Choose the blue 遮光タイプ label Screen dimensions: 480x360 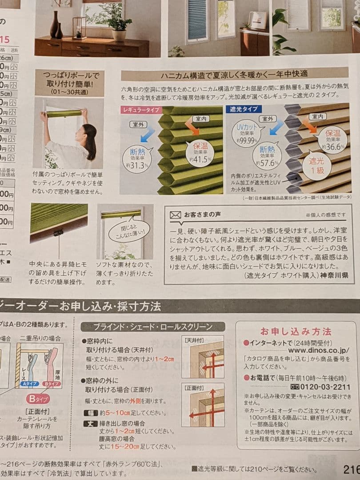[x=244, y=108]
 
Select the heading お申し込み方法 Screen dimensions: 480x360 [x=296, y=332]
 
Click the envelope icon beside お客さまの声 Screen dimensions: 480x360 [x=176, y=215]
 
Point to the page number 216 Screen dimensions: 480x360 [x=351, y=469]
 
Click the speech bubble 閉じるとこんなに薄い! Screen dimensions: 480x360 [x=129, y=228]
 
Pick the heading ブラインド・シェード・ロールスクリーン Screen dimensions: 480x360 [x=153, y=327]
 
